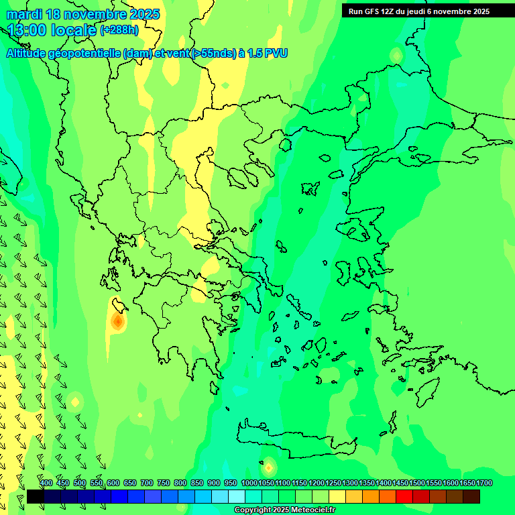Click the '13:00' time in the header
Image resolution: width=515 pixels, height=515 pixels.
pos(27,30)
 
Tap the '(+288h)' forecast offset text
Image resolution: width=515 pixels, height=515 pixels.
pos(119,30)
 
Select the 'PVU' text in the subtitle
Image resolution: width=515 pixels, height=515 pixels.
pos(276,54)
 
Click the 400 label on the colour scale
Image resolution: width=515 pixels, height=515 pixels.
pos(46,483)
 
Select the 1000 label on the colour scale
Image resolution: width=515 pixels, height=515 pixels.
pos(249,483)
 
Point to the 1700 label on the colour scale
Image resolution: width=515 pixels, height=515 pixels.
pos(484,483)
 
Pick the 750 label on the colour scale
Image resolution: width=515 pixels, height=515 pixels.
pos(164,483)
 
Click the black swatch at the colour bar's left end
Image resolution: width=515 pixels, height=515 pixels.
pos(36,496)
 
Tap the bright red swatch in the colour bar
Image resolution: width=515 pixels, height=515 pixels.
pos(404,496)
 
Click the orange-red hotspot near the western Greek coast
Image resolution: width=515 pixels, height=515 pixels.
pos(118,323)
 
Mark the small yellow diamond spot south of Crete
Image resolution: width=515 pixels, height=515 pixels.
pos(269,467)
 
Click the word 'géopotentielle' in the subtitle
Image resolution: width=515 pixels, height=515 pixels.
pos(85,54)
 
